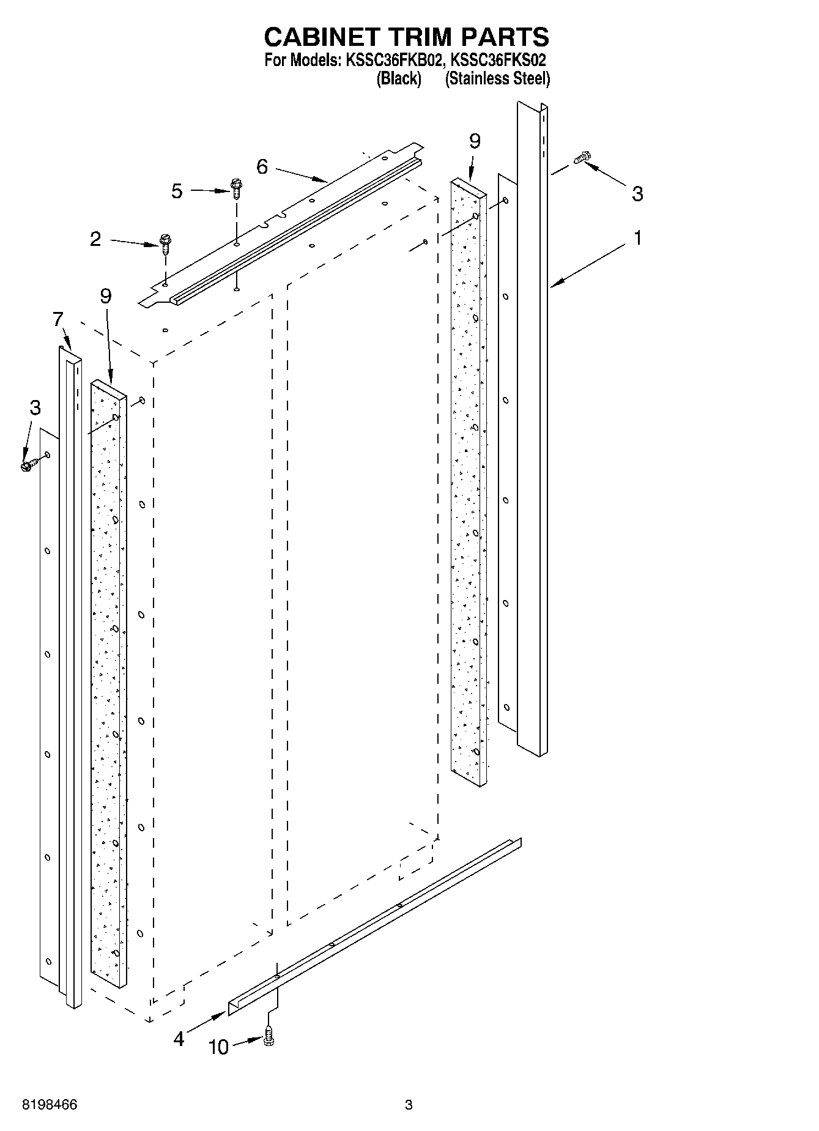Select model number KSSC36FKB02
coord(391,61)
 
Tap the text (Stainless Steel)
coord(497,78)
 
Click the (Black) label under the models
coord(399,78)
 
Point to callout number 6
coord(262,166)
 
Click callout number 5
coord(177,191)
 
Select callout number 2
coord(95,239)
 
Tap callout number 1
coord(637,237)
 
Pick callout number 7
coord(58,319)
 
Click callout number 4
coord(179,1039)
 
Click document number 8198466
coord(50,1105)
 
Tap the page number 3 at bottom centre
coord(409,1105)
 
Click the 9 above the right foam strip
coord(475,141)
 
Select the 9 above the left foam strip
coord(106,297)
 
